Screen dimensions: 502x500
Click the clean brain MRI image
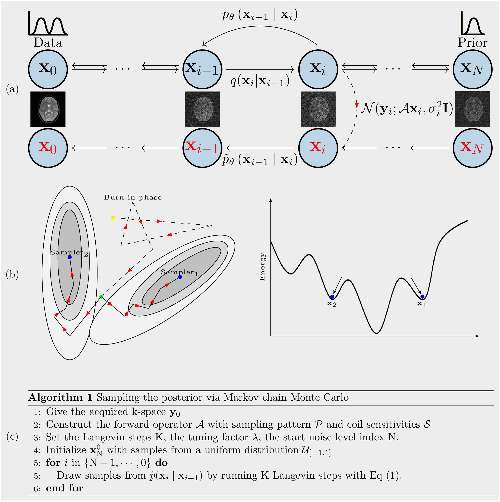click(x=48, y=109)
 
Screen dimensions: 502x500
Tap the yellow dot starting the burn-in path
click(x=113, y=217)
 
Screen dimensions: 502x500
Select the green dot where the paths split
click(x=101, y=296)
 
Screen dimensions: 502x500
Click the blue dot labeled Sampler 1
click(x=180, y=277)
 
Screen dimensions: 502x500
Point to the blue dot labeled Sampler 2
click(x=69, y=257)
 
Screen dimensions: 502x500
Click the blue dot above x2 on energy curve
click(x=332, y=297)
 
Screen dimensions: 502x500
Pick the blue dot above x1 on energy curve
click(x=422, y=297)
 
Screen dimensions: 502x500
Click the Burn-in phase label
click(x=133, y=197)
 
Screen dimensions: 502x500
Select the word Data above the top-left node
click(x=48, y=43)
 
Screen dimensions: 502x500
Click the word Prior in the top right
click(x=472, y=43)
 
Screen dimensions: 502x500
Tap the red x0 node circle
click(x=48, y=148)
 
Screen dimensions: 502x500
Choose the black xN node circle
click(x=472, y=69)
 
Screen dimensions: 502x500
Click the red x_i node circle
click(x=318, y=148)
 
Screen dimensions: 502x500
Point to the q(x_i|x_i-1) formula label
click(x=260, y=81)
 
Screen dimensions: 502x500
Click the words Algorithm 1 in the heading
click(x=60, y=397)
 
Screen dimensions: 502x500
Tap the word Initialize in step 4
click(x=66, y=450)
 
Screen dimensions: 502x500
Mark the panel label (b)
click(x=12, y=274)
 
